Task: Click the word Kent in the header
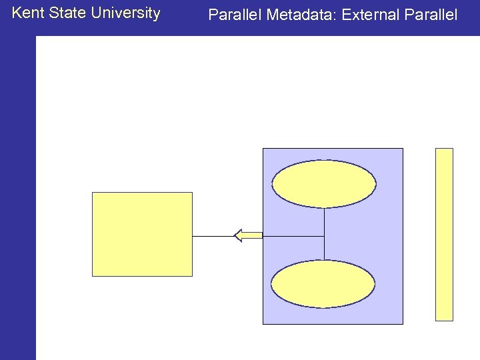(x=27, y=13)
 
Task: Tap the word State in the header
(x=67, y=13)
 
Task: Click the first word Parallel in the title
(x=235, y=15)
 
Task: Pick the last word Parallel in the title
(x=431, y=15)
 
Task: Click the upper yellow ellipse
(x=324, y=184)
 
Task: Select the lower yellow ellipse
(x=323, y=283)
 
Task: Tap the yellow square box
(x=142, y=234)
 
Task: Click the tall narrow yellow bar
(x=444, y=234)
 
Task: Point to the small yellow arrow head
(x=239, y=235)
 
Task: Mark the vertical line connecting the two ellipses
(x=324, y=233)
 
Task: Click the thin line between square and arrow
(x=213, y=236)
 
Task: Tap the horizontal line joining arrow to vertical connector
(x=293, y=236)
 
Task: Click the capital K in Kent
(x=17, y=13)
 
